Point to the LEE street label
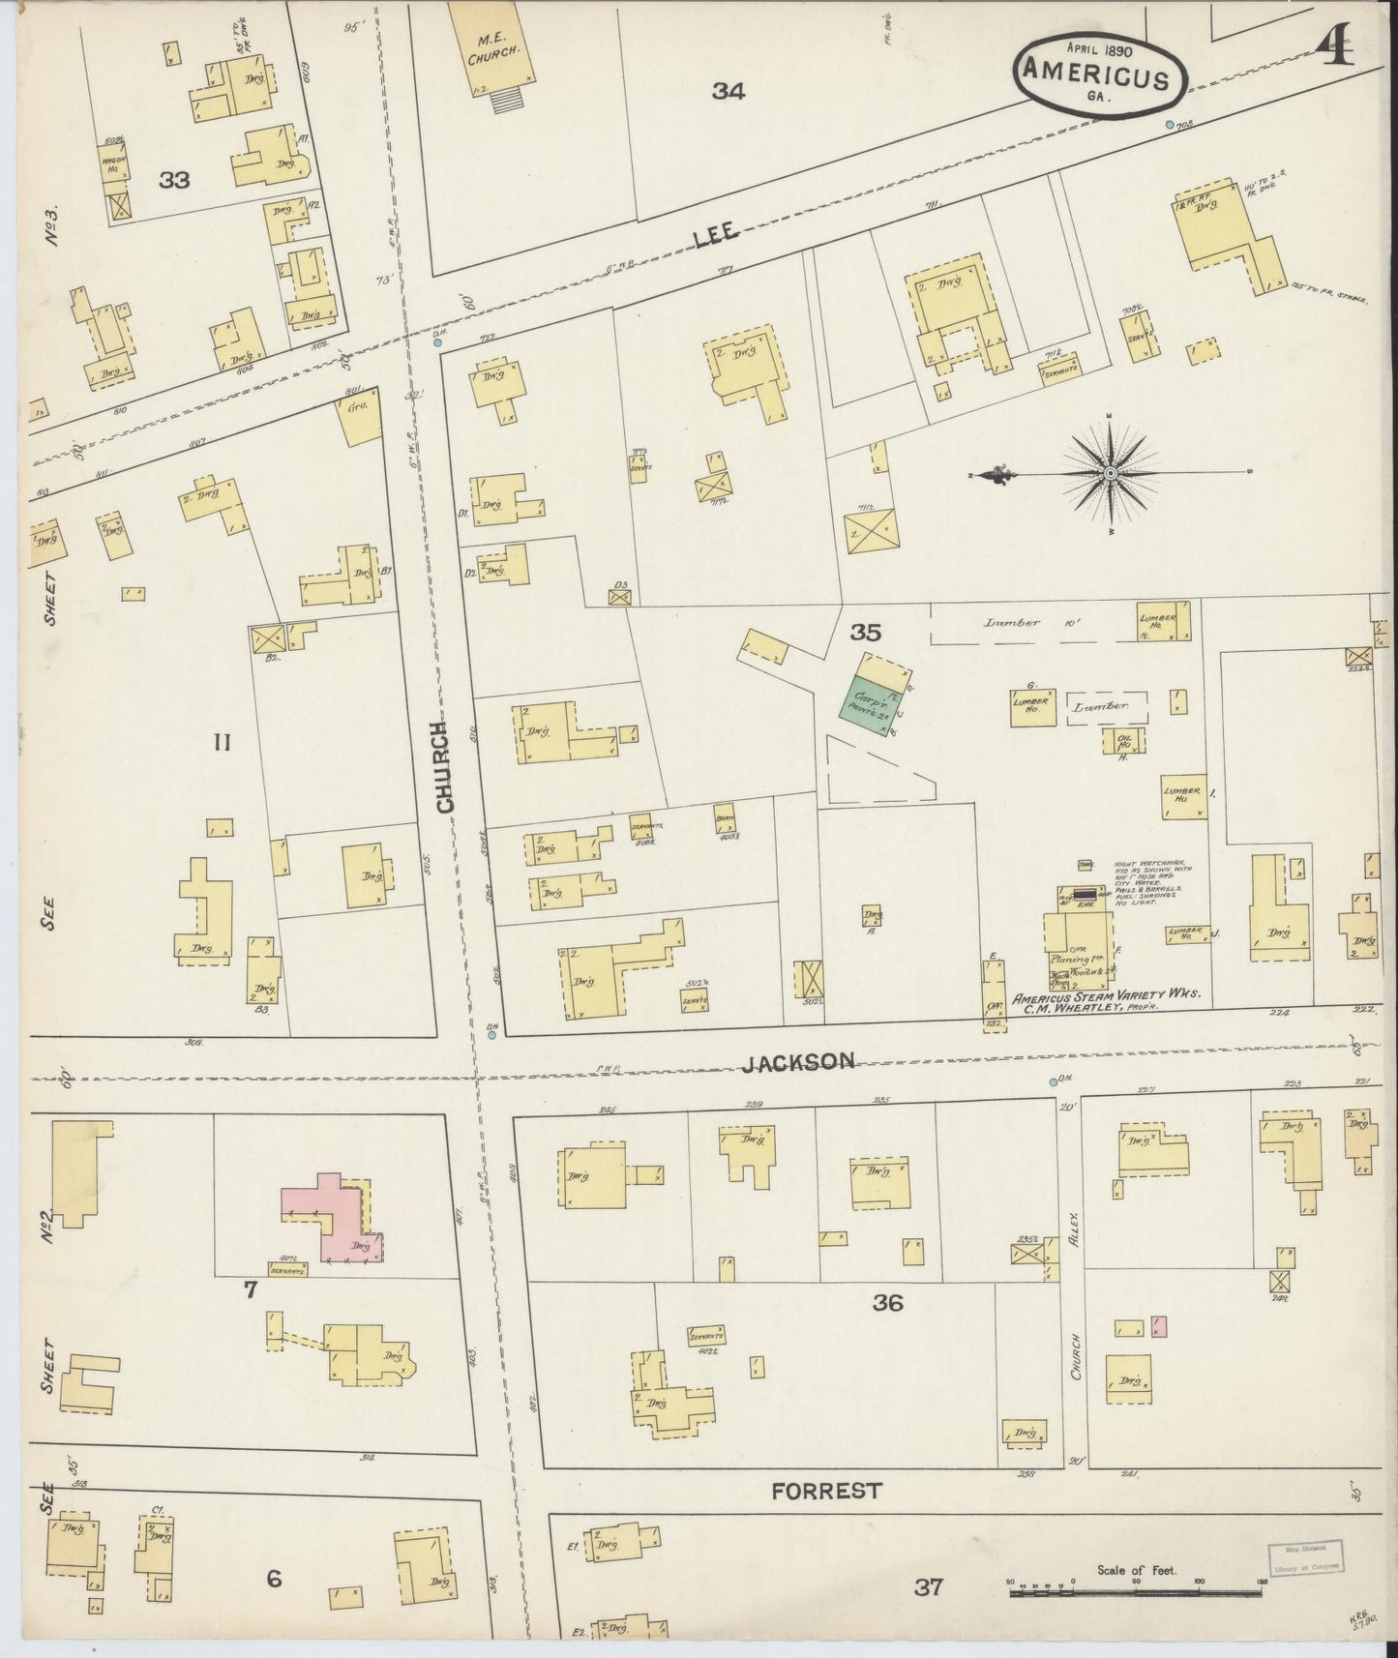[x=717, y=230]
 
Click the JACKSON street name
[x=798, y=1061]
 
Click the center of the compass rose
[x=1111, y=473]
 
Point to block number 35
[x=865, y=633]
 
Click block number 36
[x=887, y=1303]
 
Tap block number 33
[x=175, y=180]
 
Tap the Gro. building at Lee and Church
[x=358, y=422]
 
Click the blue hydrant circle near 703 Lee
[x=1169, y=125]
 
